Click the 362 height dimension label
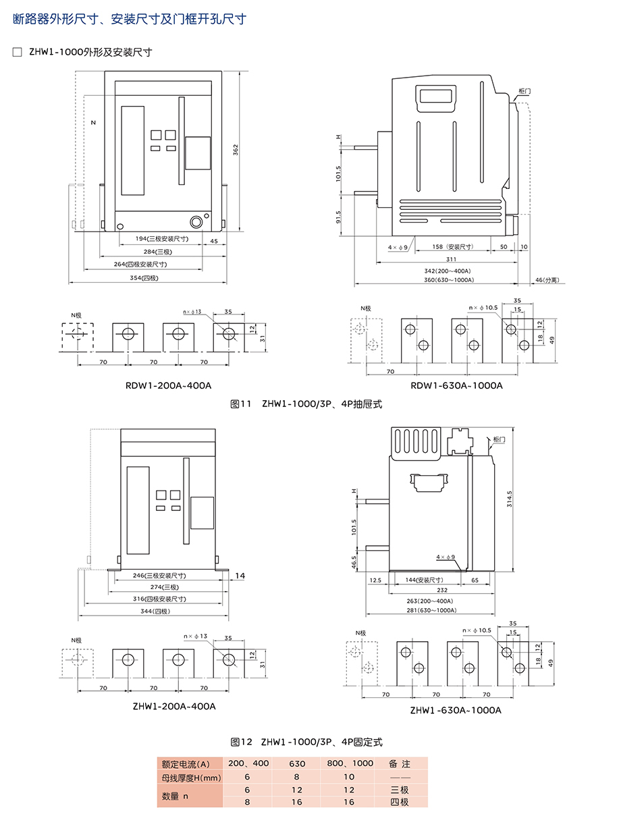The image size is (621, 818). tap(235, 150)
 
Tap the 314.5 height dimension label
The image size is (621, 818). tap(509, 499)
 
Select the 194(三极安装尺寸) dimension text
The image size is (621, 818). tap(162, 238)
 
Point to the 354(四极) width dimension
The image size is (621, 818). tap(144, 277)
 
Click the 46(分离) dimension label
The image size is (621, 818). tap(547, 280)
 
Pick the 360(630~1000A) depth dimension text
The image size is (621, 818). tap(449, 280)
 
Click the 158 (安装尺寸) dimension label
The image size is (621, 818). tap(452, 247)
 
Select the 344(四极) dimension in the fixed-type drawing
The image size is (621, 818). tap(155, 611)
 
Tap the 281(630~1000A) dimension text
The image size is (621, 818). tap(431, 610)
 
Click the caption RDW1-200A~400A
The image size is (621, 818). tap(169, 385)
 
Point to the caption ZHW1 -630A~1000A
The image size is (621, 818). tap(456, 710)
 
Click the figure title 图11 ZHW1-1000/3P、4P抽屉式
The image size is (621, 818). tap(306, 404)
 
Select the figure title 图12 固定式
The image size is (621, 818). tap(306, 742)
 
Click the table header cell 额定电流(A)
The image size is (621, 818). tap(186, 764)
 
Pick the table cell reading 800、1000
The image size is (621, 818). tap(350, 763)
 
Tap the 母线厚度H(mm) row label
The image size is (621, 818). tap(191, 778)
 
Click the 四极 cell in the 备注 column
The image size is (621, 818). tap(399, 802)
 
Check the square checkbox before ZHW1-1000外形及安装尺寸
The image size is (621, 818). tap(17, 52)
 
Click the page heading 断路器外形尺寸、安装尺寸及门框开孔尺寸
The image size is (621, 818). tap(130, 19)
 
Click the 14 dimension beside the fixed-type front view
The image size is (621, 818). tap(240, 576)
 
